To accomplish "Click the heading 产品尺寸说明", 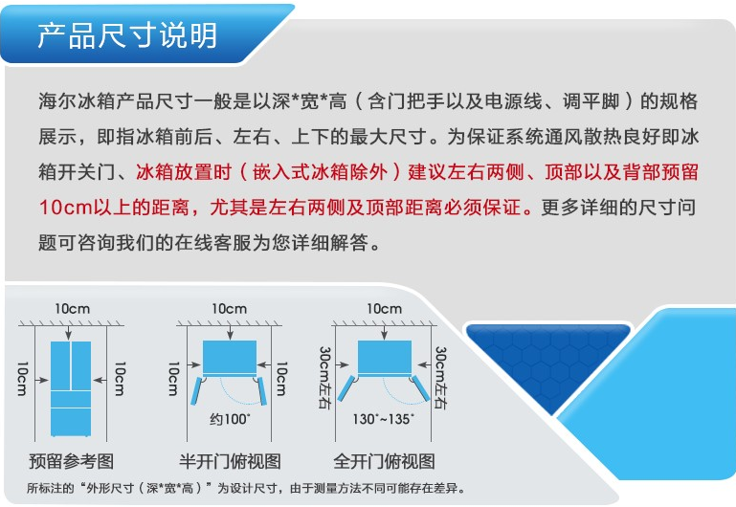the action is [x=127, y=35].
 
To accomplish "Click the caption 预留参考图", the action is [x=72, y=461].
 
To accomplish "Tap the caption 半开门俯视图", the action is [x=230, y=461].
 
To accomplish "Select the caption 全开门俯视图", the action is [x=384, y=461].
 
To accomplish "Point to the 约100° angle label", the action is [x=230, y=418].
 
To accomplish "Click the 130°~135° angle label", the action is [x=384, y=418].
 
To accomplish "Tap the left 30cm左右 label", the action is [x=324, y=378].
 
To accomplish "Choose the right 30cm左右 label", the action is [x=441, y=378].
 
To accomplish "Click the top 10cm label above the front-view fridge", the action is [x=73, y=309].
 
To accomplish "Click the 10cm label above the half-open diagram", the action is [x=229, y=309].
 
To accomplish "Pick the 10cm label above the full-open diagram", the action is [x=385, y=309].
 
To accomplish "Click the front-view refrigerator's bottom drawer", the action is [x=71, y=422].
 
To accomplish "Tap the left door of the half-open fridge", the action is [x=196, y=390].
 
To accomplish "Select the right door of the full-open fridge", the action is [x=420, y=388].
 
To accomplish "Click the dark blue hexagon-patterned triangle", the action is [x=547, y=357].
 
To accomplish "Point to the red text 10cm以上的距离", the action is [x=114, y=207].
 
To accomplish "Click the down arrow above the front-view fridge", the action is [x=69, y=333].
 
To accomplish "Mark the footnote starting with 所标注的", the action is [x=246, y=488].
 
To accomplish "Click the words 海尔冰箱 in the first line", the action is [x=77, y=100].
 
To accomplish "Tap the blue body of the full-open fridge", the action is [x=385, y=358].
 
